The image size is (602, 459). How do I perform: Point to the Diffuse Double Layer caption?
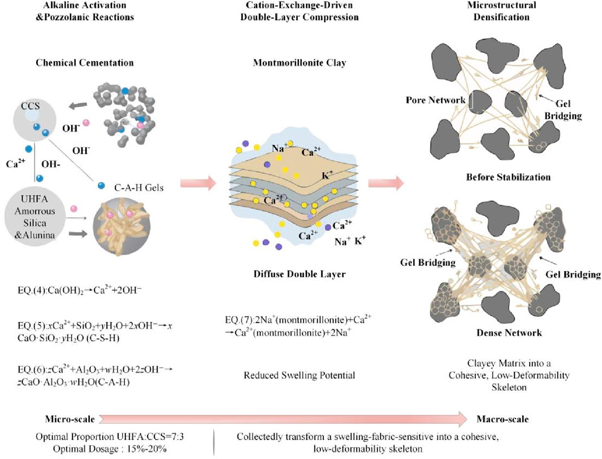coord(300,275)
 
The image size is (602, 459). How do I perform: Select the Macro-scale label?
coord(501,418)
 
